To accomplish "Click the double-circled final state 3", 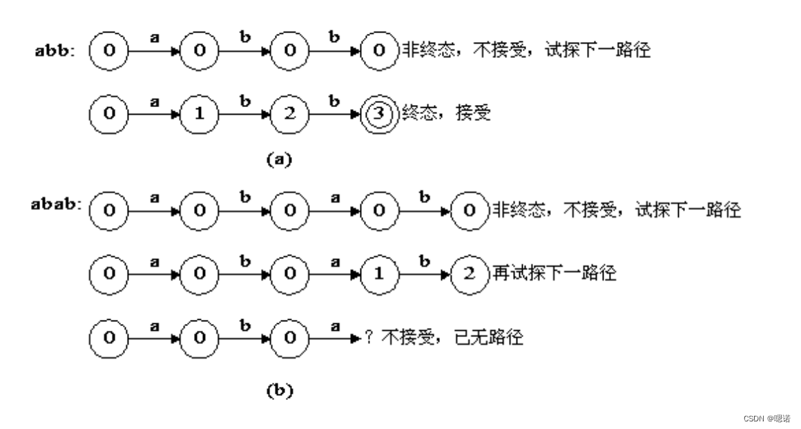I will [x=378, y=113].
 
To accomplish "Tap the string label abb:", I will [x=56, y=52].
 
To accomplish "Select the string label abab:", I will [x=57, y=204].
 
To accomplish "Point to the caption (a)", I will [x=279, y=160].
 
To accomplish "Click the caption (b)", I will [x=279, y=390].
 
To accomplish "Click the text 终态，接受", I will [x=446, y=113].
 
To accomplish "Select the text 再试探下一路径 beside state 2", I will [x=553, y=273].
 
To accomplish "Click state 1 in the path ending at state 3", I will [x=200, y=113].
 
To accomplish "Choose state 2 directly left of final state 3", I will [x=289, y=113].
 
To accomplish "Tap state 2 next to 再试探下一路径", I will [x=469, y=274].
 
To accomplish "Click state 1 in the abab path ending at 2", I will [x=378, y=274].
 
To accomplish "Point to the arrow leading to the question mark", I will [x=334, y=339].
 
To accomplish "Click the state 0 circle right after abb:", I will [x=109, y=50].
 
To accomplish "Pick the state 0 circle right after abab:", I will [x=109, y=209].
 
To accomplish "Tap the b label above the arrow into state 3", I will [x=334, y=101].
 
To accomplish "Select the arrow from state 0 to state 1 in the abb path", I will [x=154, y=114].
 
